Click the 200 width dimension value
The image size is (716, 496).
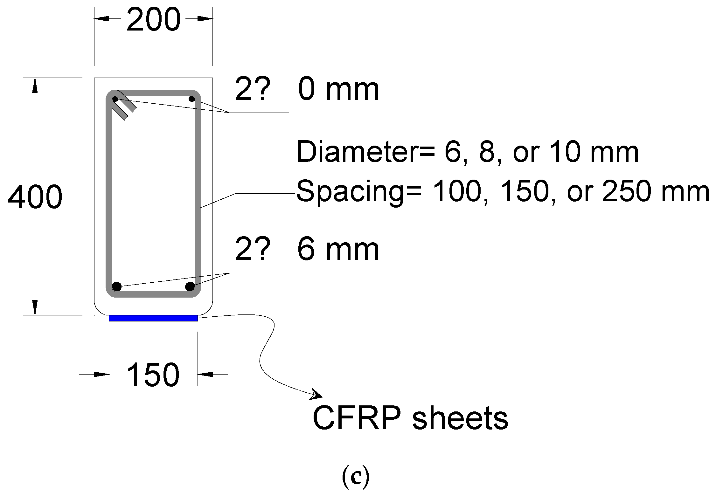coord(153,20)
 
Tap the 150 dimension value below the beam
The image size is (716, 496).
coord(153,375)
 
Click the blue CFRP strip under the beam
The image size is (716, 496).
coord(153,318)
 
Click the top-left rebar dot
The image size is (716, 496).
coord(115,99)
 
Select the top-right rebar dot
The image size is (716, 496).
coord(191,99)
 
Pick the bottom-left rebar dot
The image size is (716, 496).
coord(117,286)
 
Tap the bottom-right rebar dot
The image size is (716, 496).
coord(190,286)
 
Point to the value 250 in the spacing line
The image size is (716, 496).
coord(625,192)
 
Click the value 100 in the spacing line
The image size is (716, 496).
coord(455,192)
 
